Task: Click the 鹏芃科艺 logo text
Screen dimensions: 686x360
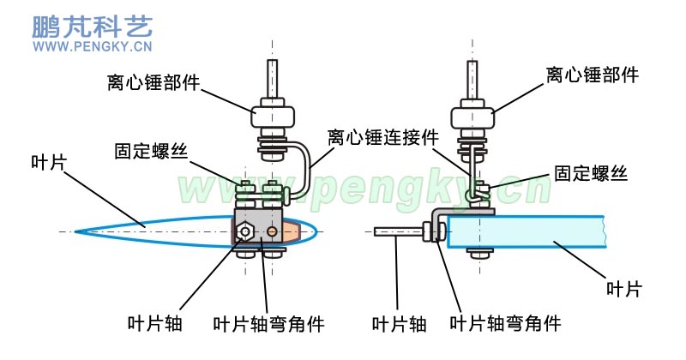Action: pos(93,27)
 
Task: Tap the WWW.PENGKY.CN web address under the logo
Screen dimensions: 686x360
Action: pos(93,46)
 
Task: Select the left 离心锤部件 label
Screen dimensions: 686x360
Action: pos(153,82)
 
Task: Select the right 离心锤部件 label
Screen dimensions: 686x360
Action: pos(592,75)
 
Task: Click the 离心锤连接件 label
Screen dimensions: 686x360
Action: pos(382,137)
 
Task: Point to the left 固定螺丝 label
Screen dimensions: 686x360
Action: pos(151,152)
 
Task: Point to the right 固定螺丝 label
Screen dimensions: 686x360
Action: pos(591,173)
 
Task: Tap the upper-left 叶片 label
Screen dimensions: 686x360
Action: pos(49,162)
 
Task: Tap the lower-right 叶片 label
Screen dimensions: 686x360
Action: pos(624,289)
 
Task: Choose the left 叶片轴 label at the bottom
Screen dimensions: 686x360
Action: pos(154,324)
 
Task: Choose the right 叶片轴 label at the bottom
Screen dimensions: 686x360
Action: pos(399,324)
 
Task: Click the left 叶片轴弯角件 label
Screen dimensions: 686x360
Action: pos(268,324)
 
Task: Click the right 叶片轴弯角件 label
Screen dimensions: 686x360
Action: pos(505,324)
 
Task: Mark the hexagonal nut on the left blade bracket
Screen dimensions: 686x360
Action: pos(243,231)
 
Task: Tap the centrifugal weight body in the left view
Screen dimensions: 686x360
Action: pos(272,116)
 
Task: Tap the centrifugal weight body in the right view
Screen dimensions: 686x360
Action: pos(472,117)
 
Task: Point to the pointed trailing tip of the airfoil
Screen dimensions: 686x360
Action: pos(75,231)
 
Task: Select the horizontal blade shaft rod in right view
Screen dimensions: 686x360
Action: pos(398,231)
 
